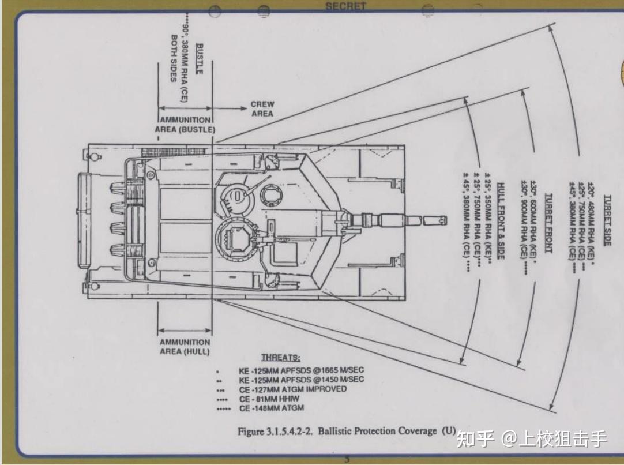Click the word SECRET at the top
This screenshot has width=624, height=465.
click(345, 6)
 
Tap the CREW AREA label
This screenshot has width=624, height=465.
click(262, 109)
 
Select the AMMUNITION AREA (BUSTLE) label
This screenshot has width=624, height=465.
click(185, 125)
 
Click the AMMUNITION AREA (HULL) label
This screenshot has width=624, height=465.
click(185, 347)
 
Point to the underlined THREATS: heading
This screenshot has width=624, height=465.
click(281, 358)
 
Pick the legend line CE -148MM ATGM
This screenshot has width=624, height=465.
click(271, 408)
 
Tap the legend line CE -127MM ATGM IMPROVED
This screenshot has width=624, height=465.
click(293, 389)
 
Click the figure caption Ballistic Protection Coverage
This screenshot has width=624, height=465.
click(378, 432)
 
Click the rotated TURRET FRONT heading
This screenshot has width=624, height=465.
click(548, 223)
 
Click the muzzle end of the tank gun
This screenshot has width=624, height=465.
click(444, 220)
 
